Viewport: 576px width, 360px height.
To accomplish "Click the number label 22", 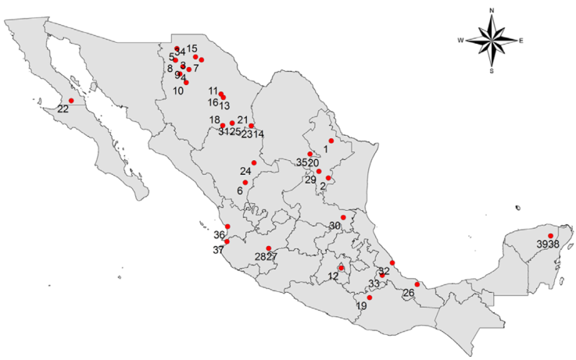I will tap(63, 109).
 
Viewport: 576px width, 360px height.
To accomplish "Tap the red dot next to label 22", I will tap(71, 101).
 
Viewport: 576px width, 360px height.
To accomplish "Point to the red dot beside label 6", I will tap(245, 183).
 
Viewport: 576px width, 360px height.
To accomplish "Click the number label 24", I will tap(245, 171).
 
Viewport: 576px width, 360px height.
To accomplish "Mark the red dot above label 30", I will tap(343, 217).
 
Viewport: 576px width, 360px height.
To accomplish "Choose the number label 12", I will tap(333, 276).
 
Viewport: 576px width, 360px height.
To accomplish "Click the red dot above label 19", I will tap(370, 298).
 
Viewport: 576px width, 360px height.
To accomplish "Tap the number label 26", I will tap(409, 294).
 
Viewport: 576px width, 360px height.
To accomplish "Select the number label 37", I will tap(218, 250).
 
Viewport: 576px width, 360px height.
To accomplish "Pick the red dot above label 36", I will tap(227, 226).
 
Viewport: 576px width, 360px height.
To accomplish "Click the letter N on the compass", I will tap(492, 10).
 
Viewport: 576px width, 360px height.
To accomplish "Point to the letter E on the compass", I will tap(521, 40).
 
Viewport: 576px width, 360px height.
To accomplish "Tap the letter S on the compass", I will tap(492, 70).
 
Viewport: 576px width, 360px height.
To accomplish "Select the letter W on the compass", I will tap(462, 40).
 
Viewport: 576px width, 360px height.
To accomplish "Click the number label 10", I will tap(178, 91).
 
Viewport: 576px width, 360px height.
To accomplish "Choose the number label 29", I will tap(310, 180).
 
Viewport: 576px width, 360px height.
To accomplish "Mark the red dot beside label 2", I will tap(329, 178).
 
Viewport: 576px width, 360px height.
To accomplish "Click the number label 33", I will tap(374, 283).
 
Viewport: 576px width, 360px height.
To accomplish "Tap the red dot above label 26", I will tap(417, 284).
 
